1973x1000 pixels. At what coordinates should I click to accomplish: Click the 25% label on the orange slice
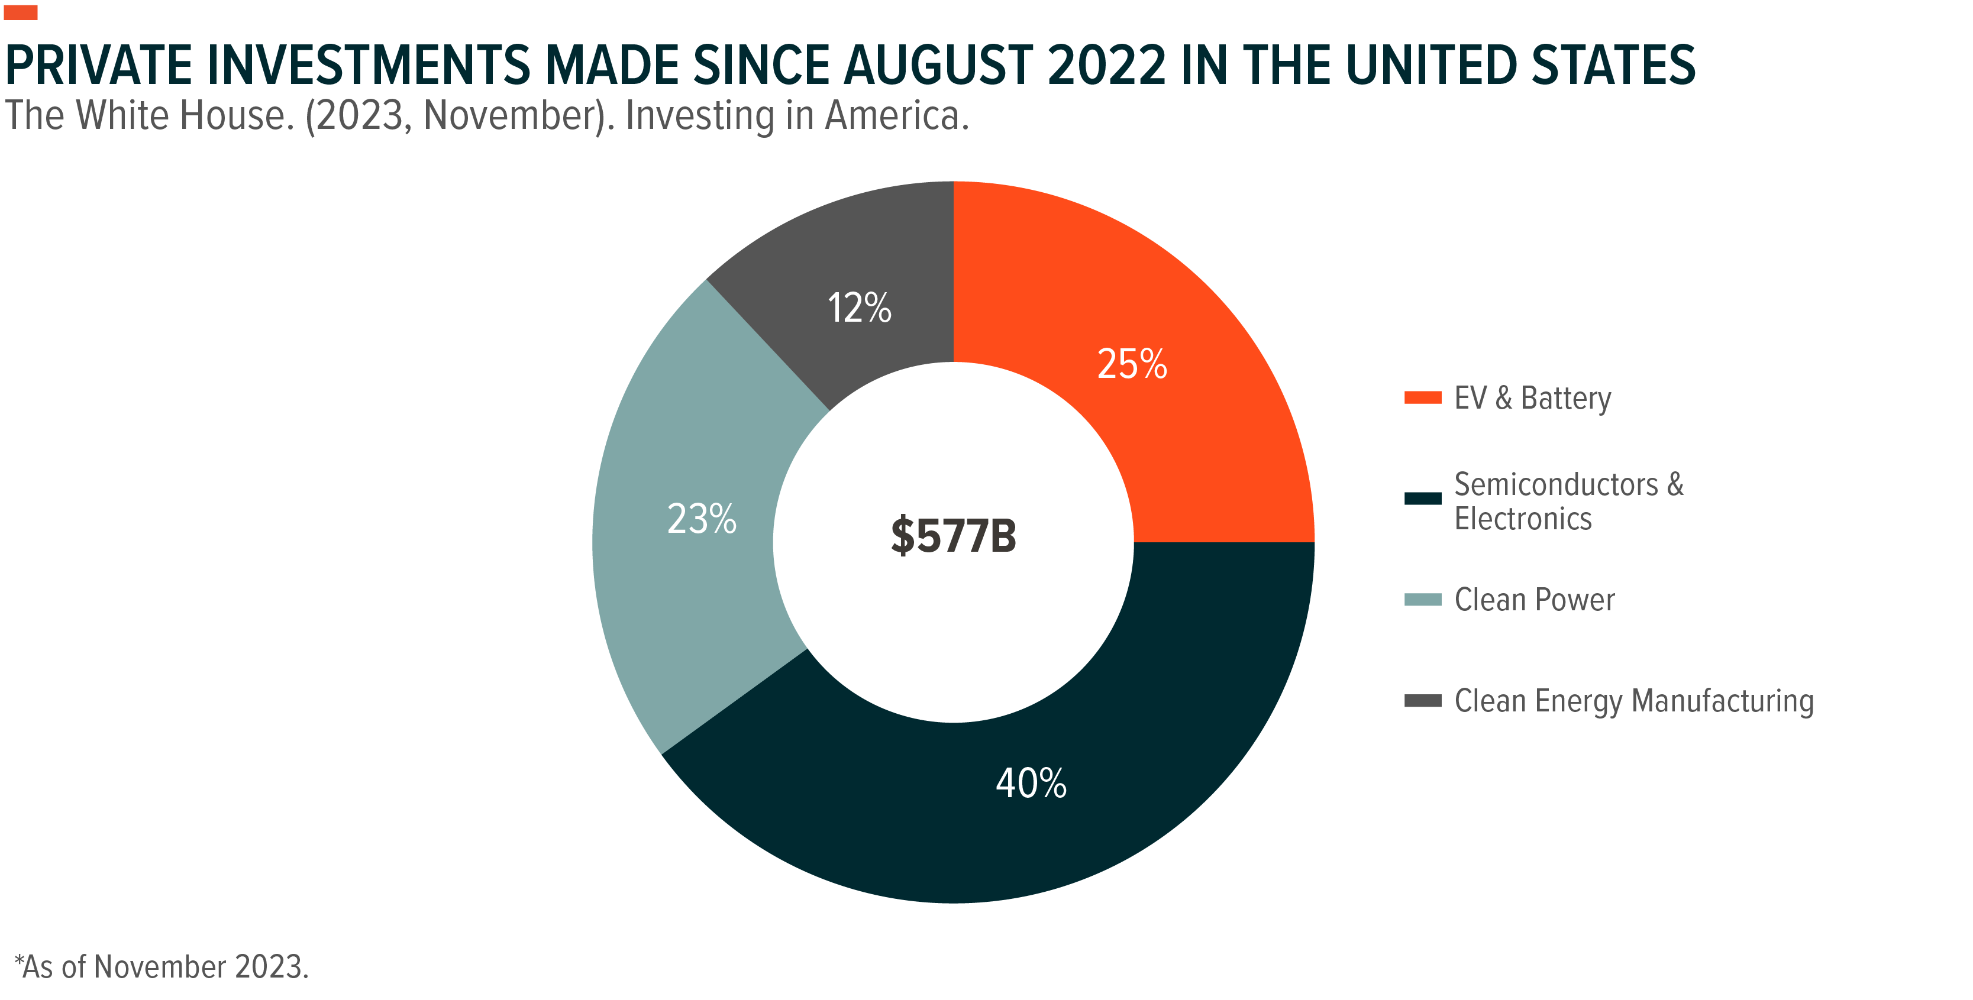(x=1131, y=364)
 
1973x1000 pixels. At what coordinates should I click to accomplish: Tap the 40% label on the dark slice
(x=1031, y=784)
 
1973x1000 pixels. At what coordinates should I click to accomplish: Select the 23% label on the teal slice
(x=702, y=519)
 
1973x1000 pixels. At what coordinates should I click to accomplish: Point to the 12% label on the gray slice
(x=860, y=308)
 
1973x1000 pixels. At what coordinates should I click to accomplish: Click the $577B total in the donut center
(x=953, y=535)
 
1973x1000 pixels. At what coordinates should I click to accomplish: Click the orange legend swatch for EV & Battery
(x=1422, y=397)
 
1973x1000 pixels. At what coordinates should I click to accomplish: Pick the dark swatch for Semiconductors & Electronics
(x=1422, y=499)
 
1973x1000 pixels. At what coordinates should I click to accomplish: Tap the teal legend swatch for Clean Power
(x=1422, y=600)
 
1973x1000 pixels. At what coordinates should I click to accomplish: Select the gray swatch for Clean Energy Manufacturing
(x=1422, y=701)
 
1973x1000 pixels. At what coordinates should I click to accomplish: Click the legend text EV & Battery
(x=1533, y=398)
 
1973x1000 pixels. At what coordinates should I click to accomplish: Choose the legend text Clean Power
(x=1534, y=600)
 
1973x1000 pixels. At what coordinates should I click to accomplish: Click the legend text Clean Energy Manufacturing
(x=1633, y=701)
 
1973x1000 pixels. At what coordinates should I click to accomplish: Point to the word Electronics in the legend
(x=1523, y=519)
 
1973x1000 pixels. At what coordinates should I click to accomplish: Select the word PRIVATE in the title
(x=99, y=66)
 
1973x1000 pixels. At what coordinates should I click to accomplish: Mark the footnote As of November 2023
(x=162, y=967)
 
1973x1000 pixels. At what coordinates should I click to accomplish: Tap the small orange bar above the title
(x=21, y=12)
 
